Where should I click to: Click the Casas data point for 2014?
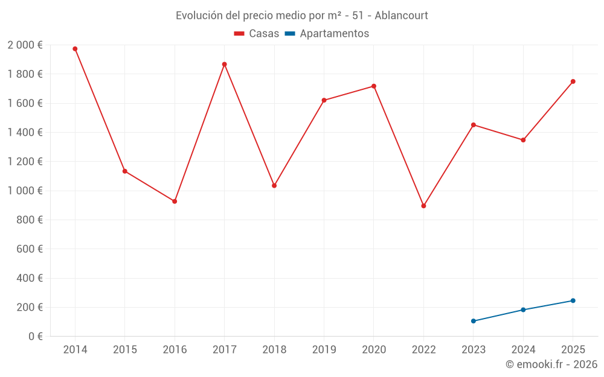[75, 49]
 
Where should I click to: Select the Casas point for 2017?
[224, 65]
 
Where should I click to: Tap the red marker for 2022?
[423, 206]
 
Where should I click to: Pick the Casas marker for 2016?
[175, 201]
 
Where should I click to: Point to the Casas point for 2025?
[573, 81]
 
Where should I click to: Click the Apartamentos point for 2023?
[474, 321]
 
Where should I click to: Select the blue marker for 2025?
[573, 300]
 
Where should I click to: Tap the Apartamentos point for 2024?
[523, 310]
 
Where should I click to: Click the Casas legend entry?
[257, 34]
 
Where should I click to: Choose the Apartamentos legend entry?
[327, 34]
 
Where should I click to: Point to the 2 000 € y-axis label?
[25, 45]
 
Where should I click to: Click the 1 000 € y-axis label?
[25, 191]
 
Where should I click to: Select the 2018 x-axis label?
[274, 350]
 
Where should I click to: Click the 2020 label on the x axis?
[374, 350]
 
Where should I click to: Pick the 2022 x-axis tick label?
[423, 350]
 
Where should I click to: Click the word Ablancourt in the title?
[401, 16]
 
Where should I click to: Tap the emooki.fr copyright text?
[551, 364]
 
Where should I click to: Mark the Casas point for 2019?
[324, 100]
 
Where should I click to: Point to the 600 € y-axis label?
[28, 249]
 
